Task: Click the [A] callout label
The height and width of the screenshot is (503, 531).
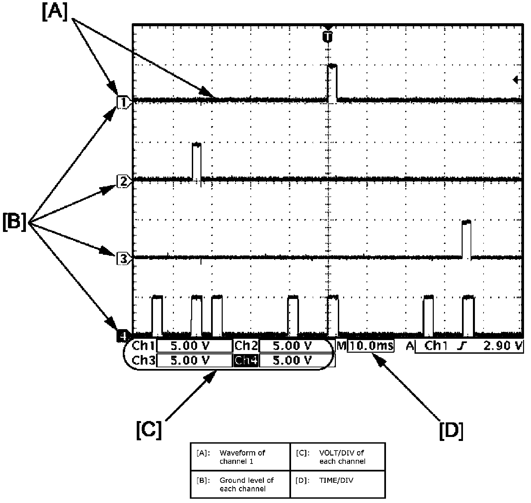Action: [x=55, y=12]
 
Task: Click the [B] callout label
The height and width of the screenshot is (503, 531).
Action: [x=15, y=222]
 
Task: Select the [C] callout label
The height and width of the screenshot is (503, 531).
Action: [x=149, y=430]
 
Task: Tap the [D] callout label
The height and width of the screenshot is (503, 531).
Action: [x=451, y=430]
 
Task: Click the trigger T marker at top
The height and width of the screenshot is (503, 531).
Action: [x=328, y=36]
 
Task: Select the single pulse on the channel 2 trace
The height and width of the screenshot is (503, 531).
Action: [x=197, y=161]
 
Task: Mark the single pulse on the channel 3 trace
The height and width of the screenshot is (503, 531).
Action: [x=466, y=239]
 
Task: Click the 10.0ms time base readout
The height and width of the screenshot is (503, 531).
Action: [x=371, y=346]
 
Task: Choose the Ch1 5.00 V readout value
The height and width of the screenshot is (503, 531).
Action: [x=194, y=346]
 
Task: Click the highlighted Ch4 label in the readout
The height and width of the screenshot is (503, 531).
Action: [x=246, y=360]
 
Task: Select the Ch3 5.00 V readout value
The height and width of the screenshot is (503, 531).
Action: [x=194, y=360]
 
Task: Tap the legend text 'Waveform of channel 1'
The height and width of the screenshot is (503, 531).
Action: [x=242, y=457]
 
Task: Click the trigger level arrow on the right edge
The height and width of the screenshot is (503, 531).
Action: [x=517, y=80]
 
